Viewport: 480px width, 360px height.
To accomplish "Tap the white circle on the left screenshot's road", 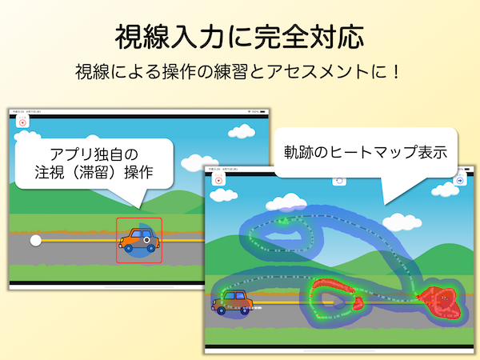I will click(35, 239).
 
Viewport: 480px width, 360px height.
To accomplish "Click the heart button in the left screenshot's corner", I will click(22, 122).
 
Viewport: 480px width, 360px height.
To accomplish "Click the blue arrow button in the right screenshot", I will click(460, 181).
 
